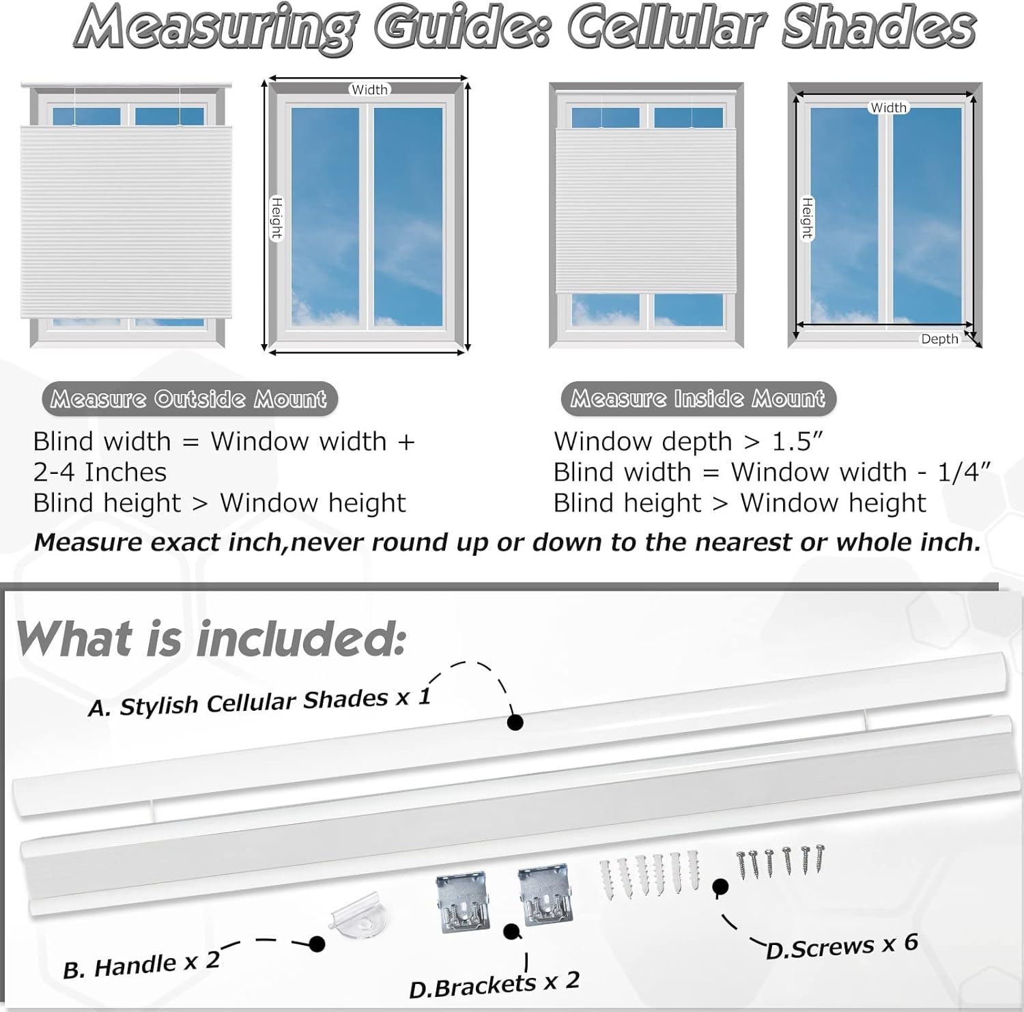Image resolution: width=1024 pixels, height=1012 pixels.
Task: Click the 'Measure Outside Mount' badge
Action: pos(189,399)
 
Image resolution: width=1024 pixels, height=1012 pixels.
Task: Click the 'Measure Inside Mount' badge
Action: pos(698,398)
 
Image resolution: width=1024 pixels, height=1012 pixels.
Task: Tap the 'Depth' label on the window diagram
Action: pos(939,339)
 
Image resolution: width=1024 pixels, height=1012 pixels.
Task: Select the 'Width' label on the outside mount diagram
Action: pos(369,89)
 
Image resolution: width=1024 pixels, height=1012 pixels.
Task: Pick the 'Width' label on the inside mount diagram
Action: pos(888,108)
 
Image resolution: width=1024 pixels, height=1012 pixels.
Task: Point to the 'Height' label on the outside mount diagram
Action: pos(276,219)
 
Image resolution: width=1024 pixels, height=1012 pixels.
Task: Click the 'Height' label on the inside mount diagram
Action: pos(807,219)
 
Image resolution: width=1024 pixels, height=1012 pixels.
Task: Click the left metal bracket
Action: pos(463,901)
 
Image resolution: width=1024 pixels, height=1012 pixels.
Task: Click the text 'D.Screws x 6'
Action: pos(842,946)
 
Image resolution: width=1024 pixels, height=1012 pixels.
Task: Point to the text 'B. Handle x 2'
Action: pos(141,965)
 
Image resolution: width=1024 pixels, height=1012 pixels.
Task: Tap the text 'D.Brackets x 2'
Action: pos(494,985)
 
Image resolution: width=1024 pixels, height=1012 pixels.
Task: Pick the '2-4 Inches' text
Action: pos(100,473)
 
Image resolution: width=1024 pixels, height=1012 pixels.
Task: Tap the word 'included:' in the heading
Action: pos(300,639)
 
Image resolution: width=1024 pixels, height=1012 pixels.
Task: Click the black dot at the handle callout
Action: pos(317,944)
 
